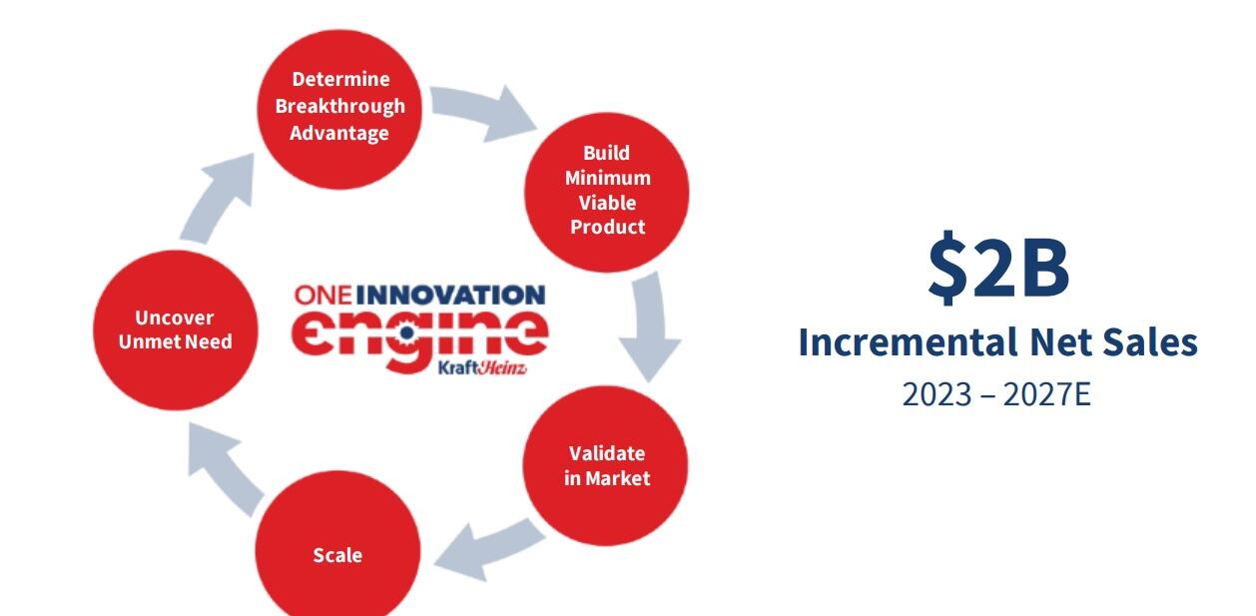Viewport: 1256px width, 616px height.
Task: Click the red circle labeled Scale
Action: point(337,555)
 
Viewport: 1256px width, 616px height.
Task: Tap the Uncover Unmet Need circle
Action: point(176,329)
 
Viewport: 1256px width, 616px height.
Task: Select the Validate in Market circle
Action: point(606,465)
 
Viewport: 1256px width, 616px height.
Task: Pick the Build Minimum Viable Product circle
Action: point(607,191)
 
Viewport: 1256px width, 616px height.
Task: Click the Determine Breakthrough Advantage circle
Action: point(339,106)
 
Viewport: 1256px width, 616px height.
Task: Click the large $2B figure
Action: point(998,268)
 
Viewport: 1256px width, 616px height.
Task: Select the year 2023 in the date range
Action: point(936,394)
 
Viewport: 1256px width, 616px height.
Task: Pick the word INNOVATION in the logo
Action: point(450,296)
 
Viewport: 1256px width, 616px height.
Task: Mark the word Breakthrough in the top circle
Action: point(339,106)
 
